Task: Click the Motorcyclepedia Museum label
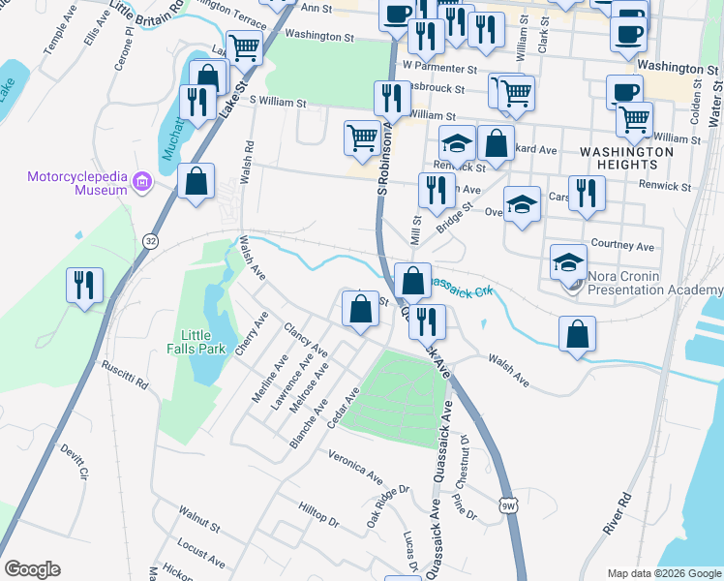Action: click(77, 183)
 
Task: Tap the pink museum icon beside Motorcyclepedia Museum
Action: click(142, 181)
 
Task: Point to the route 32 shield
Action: click(150, 240)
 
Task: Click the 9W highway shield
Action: click(508, 505)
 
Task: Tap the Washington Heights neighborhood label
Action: click(626, 158)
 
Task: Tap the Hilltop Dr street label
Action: click(318, 514)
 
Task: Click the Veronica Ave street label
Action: click(356, 467)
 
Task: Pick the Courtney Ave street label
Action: click(624, 246)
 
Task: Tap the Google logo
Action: click(32, 569)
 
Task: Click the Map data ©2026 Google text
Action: click(664, 573)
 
